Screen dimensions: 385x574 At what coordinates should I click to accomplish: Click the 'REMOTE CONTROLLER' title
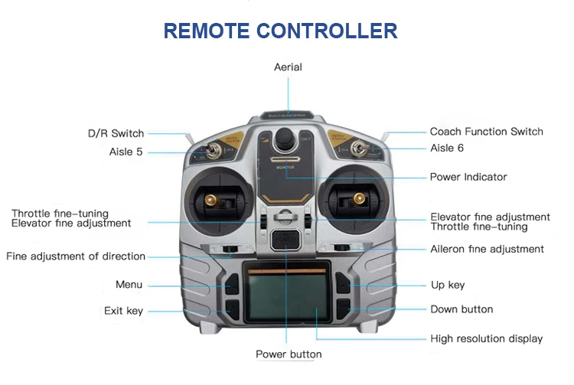pos(280,31)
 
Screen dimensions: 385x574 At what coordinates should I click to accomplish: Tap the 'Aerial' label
pos(288,67)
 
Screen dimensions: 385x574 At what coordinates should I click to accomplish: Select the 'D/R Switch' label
pos(116,133)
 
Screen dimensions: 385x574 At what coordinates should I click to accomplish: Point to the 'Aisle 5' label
pos(126,152)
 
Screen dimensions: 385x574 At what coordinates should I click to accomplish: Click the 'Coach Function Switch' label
pos(486,132)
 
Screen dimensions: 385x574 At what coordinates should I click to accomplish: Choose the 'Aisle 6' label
pos(447,148)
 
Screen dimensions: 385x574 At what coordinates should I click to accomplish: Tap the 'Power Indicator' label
pos(468,177)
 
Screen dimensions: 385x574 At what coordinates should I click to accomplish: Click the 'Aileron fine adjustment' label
pos(487,249)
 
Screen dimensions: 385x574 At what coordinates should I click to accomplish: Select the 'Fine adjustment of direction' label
pos(76,256)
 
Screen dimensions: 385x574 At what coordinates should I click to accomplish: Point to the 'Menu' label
pos(129,285)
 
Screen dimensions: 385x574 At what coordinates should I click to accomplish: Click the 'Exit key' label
pos(123,311)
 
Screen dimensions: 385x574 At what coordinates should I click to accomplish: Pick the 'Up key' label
pos(448,285)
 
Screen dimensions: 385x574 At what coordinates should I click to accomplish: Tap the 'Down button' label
pos(461,309)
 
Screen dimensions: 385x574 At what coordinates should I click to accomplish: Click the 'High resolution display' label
pos(486,338)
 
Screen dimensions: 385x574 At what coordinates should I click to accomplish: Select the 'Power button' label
pos(289,354)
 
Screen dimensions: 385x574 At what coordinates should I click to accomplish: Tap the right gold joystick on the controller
pos(357,201)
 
